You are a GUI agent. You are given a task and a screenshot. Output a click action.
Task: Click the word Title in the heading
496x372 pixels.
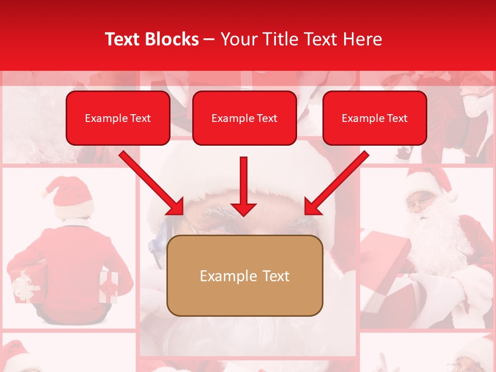[x=275, y=39]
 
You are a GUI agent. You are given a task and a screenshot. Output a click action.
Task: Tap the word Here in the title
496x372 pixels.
[x=362, y=39]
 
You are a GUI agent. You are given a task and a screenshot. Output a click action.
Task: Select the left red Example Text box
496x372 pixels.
[x=118, y=118]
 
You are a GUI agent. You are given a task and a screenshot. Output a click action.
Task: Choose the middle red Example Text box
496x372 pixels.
[x=244, y=118]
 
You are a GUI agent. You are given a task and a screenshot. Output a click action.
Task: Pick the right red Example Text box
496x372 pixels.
[x=375, y=118]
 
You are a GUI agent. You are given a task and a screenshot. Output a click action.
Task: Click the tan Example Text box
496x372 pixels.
[x=244, y=276]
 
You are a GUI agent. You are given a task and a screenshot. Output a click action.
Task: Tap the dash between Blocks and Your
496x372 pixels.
[x=209, y=39]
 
